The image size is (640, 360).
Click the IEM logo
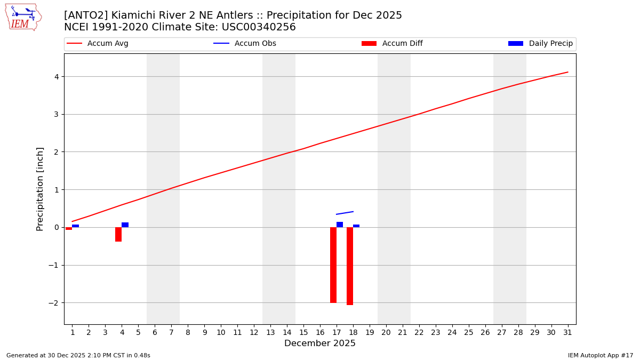click(23, 17)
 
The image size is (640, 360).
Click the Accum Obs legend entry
click(245, 44)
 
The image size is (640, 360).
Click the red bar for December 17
click(333, 265)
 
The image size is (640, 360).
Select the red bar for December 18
click(350, 266)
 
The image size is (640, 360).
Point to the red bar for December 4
click(118, 234)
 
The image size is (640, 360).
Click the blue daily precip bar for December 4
click(125, 225)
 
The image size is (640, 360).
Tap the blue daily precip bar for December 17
click(340, 225)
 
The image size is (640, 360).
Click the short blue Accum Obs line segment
click(345, 213)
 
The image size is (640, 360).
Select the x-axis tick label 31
click(567, 332)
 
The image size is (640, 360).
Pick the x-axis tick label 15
click(303, 332)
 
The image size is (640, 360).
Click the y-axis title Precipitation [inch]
click(40, 189)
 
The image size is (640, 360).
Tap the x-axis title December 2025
click(320, 343)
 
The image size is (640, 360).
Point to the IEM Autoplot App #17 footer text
click(601, 355)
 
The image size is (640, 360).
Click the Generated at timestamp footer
click(78, 355)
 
